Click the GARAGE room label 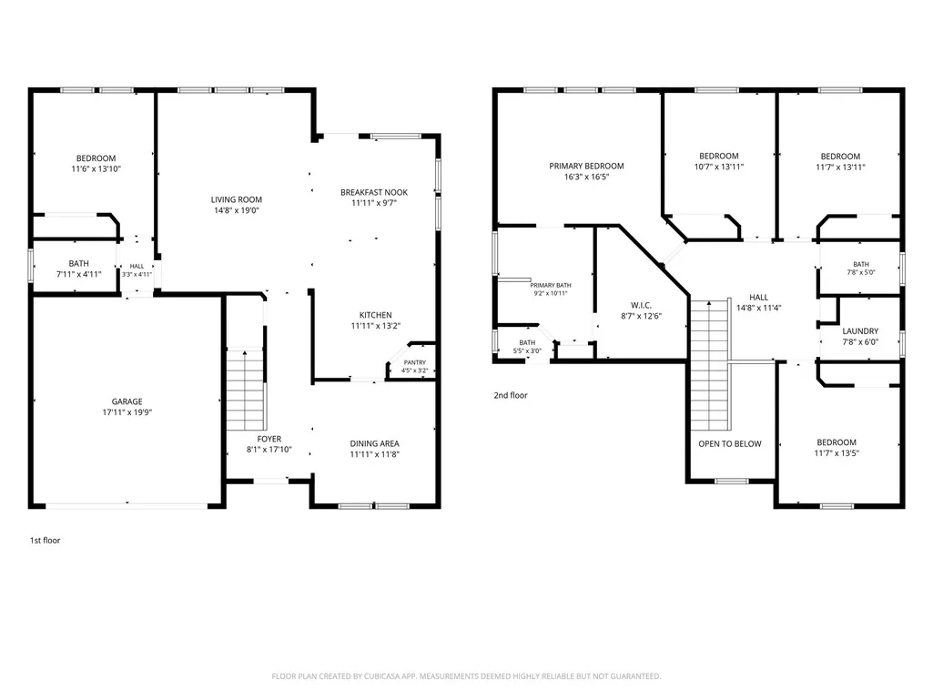(x=127, y=401)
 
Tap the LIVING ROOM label (x=237, y=200)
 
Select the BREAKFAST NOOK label (x=374, y=192)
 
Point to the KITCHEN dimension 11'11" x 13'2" (x=375, y=326)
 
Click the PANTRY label (x=415, y=362)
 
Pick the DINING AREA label (x=374, y=443)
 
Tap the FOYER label (x=269, y=439)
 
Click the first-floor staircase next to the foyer (x=245, y=390)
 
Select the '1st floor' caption (x=46, y=541)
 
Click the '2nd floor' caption (x=511, y=395)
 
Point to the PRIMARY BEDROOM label (x=586, y=166)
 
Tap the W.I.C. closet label (x=641, y=305)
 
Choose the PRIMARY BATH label (x=551, y=286)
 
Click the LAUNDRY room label (x=860, y=331)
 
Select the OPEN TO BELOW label (x=729, y=443)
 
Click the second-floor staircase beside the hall (x=709, y=365)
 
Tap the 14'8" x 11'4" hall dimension (x=758, y=308)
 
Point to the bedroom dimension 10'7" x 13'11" (x=719, y=167)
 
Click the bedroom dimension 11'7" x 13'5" (x=837, y=453)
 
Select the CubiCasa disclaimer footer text (x=466, y=676)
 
